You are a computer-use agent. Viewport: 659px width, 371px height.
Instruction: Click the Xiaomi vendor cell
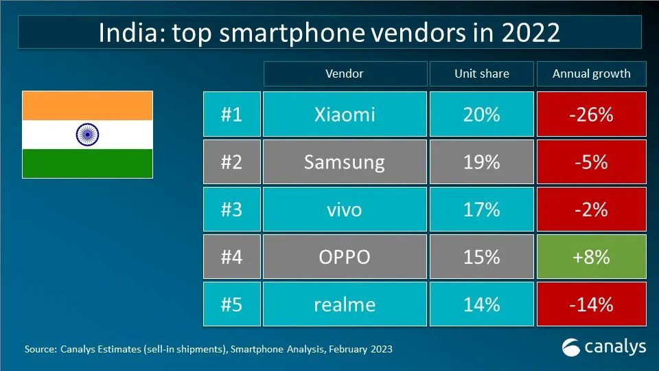tap(344, 114)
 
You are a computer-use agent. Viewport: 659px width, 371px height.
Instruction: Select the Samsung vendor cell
tap(344, 162)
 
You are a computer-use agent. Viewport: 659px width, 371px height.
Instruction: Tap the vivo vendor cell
tap(344, 209)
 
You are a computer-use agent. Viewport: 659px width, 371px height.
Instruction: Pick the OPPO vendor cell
tap(344, 256)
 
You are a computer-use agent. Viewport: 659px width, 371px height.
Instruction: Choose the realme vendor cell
tap(344, 304)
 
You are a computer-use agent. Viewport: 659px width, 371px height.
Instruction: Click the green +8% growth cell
tap(591, 256)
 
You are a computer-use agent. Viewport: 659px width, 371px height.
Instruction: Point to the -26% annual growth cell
tap(591, 114)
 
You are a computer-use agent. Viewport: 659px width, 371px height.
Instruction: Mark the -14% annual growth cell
tap(591, 304)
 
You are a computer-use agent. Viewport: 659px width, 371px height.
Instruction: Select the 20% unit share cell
tap(481, 114)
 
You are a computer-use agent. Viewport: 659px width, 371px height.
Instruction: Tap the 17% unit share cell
tap(481, 209)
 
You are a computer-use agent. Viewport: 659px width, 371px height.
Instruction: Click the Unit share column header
tap(481, 74)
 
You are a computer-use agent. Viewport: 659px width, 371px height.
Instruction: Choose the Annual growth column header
tap(591, 74)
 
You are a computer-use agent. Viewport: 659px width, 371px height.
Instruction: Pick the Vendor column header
tap(344, 74)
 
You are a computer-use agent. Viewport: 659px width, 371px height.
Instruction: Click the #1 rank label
tap(231, 114)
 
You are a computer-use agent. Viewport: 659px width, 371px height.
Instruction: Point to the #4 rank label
tap(231, 256)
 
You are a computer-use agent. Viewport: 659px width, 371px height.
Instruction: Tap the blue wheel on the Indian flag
tap(87, 134)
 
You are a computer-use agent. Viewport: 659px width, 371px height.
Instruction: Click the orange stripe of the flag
tap(87, 106)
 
